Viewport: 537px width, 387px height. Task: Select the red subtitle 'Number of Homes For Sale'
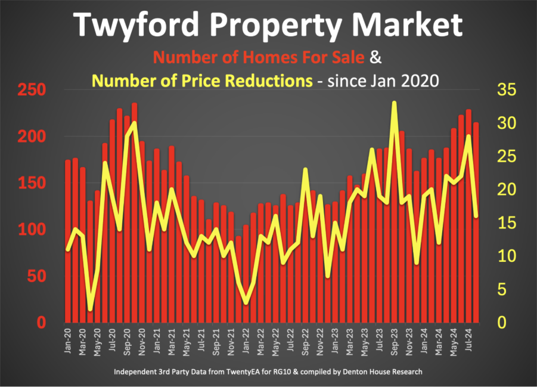click(x=259, y=58)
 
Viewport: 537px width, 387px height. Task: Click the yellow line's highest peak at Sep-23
click(x=394, y=103)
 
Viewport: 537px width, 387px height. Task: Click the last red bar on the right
click(x=476, y=227)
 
